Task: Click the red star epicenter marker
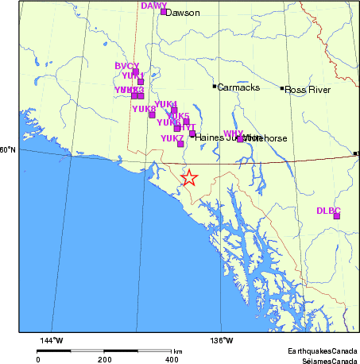pyautogui.click(x=188, y=178)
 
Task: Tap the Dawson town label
pyautogui.click(x=184, y=13)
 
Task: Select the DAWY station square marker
pyautogui.click(x=164, y=12)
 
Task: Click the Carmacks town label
pyautogui.click(x=238, y=87)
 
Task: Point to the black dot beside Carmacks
pyautogui.click(x=215, y=86)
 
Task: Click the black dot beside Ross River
pyautogui.click(x=282, y=88)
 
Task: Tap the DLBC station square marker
pyautogui.click(x=337, y=216)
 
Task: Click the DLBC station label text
pyautogui.click(x=328, y=210)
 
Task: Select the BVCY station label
pyautogui.click(x=127, y=66)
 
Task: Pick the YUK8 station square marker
pyautogui.click(x=152, y=115)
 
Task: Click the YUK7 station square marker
pyautogui.click(x=180, y=145)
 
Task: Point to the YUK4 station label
pyautogui.click(x=165, y=104)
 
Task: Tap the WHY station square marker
pyautogui.click(x=240, y=139)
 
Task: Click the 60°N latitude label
pyautogui.click(x=7, y=149)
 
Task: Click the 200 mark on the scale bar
pyautogui.click(x=105, y=359)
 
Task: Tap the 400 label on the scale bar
pyautogui.click(x=172, y=359)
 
